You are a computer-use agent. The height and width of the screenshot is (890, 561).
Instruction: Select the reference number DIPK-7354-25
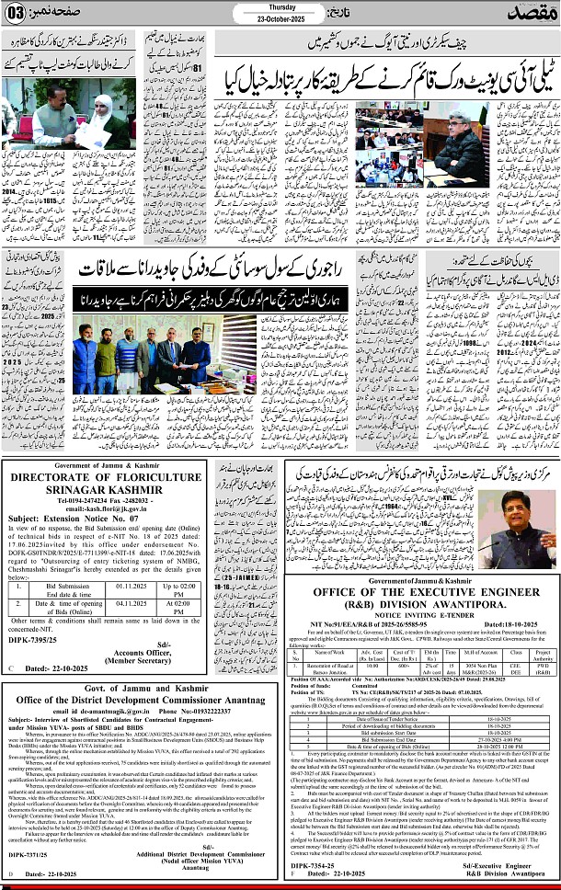coord(313,866)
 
